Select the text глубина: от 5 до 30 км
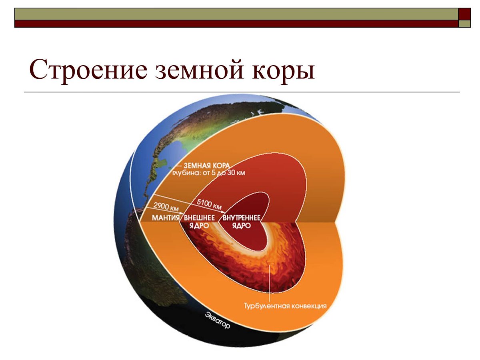click(208, 173)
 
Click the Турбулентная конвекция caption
click(286, 306)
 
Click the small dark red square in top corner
click(464, 14)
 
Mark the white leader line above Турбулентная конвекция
click(270, 280)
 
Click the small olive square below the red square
click(464, 24)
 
